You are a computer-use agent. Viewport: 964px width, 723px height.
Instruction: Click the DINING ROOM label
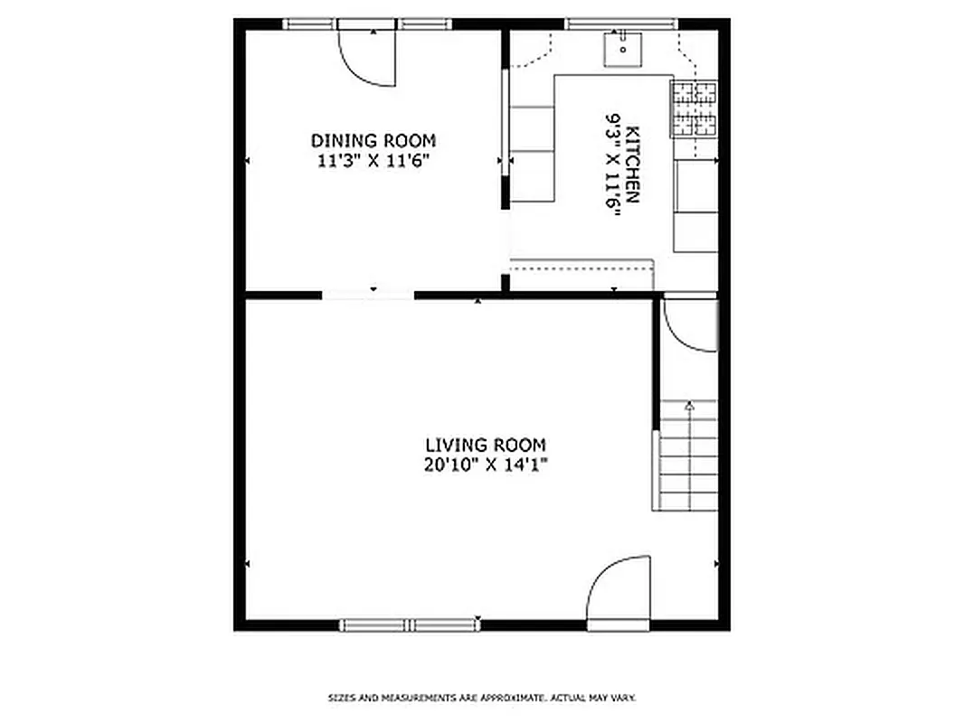click(373, 141)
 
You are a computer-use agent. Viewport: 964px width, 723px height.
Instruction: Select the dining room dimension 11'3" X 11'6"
click(372, 161)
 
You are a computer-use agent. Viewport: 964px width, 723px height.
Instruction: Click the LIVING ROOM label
click(486, 445)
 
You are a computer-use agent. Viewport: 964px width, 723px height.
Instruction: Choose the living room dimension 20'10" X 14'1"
click(487, 465)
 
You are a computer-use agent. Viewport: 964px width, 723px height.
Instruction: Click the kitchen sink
click(622, 49)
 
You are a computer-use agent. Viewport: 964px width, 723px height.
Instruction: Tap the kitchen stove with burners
click(694, 108)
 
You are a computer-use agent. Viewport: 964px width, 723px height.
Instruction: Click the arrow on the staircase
click(689, 407)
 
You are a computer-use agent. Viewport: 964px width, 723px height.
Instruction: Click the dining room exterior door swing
click(369, 56)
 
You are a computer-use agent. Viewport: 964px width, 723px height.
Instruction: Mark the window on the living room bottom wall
click(410, 624)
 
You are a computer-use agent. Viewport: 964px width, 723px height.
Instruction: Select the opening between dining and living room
click(368, 294)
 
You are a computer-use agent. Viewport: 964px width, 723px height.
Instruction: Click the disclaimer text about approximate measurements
click(481, 698)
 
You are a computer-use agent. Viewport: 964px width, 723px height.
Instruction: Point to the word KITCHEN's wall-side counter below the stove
click(695, 206)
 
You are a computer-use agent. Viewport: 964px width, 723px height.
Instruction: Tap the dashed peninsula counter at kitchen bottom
click(581, 274)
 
